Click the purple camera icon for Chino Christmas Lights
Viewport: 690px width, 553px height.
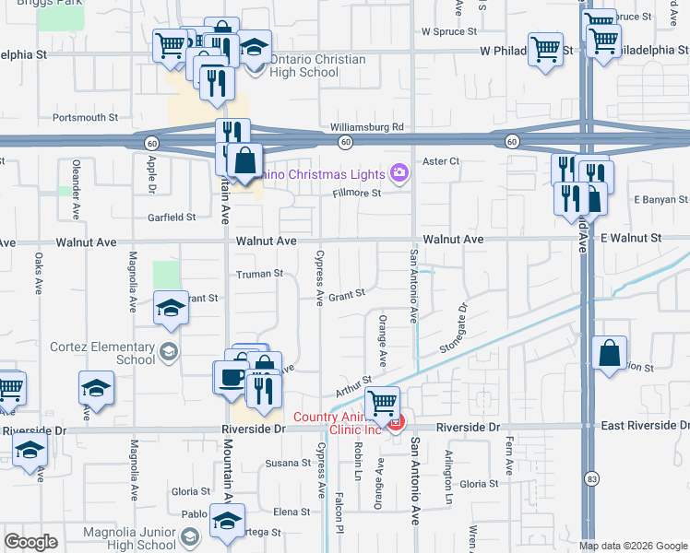click(399, 171)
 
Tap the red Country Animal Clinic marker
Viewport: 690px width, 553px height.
click(396, 423)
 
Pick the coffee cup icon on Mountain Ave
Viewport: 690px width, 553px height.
click(231, 376)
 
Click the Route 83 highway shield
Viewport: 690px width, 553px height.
click(590, 477)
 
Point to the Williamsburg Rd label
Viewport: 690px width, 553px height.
click(367, 127)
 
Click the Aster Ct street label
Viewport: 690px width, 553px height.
click(441, 161)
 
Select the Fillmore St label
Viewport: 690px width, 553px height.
click(357, 194)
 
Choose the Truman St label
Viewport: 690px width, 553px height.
click(259, 274)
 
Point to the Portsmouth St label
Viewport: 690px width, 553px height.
click(86, 118)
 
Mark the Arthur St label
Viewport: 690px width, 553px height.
click(353, 385)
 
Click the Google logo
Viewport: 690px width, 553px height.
click(31, 542)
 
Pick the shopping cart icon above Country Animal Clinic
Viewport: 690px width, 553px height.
click(383, 403)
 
